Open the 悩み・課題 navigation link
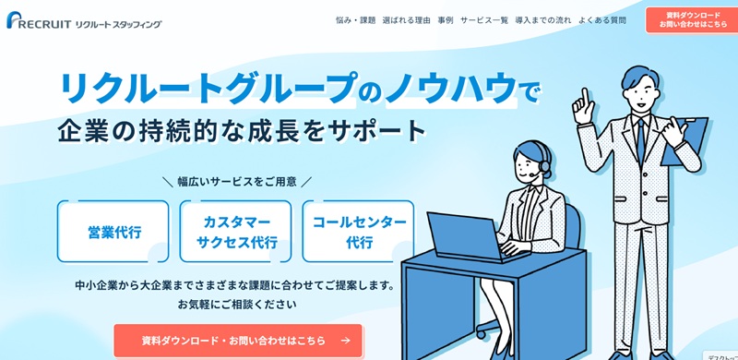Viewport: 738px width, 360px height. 355,19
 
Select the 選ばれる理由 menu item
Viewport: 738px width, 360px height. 406,19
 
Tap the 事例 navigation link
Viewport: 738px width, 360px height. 445,19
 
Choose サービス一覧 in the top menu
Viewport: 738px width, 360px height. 483,19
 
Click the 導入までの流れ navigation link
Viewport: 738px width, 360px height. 542,19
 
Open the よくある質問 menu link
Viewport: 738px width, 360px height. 602,19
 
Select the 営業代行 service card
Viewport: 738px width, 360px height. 113,232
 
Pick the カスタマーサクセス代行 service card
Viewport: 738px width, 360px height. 236,232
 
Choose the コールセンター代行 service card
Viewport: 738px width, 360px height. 359,232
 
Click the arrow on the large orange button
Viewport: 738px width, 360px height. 345,340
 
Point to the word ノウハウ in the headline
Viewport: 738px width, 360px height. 450,89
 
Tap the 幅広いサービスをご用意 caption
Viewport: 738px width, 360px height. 237,182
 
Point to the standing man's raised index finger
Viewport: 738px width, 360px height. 581,95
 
